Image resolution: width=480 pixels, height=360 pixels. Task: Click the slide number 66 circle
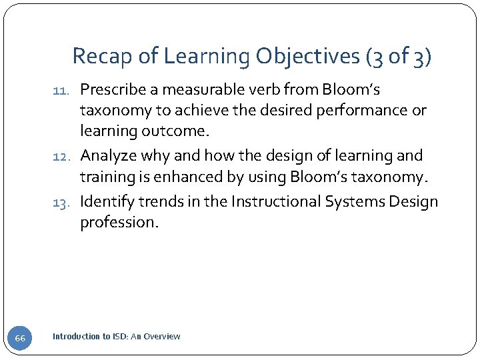[20, 338]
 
